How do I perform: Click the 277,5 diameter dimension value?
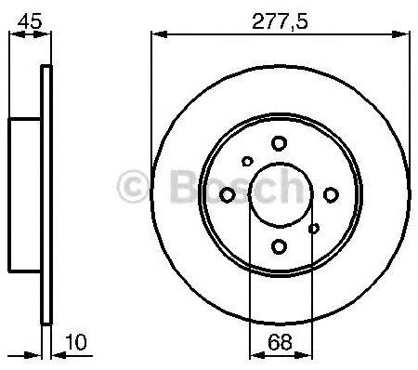(280, 21)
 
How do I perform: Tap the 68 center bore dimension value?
(280, 342)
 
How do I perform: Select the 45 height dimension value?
(30, 21)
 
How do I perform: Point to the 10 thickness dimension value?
(76, 342)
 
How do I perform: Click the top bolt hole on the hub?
(279, 143)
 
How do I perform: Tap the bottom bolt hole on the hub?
(279, 246)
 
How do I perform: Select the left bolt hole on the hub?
(227, 195)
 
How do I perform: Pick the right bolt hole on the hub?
(331, 195)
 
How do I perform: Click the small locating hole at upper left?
(247, 161)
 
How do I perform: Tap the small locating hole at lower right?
(314, 229)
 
